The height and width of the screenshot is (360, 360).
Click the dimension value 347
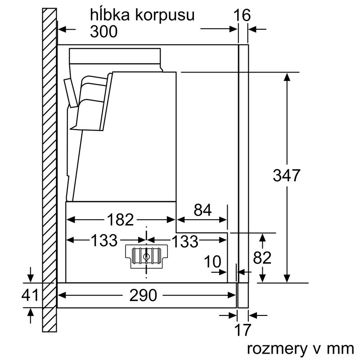(287, 175)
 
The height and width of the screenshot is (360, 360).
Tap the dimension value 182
(121, 220)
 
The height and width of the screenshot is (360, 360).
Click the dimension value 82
(262, 258)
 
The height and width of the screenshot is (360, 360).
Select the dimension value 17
(243, 330)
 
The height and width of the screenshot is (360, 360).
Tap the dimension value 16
(242, 15)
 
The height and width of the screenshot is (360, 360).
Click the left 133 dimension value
(104, 241)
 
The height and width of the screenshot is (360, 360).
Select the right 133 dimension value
(185, 241)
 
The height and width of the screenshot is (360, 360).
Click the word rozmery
(279, 348)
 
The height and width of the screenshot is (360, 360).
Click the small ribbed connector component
(146, 256)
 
